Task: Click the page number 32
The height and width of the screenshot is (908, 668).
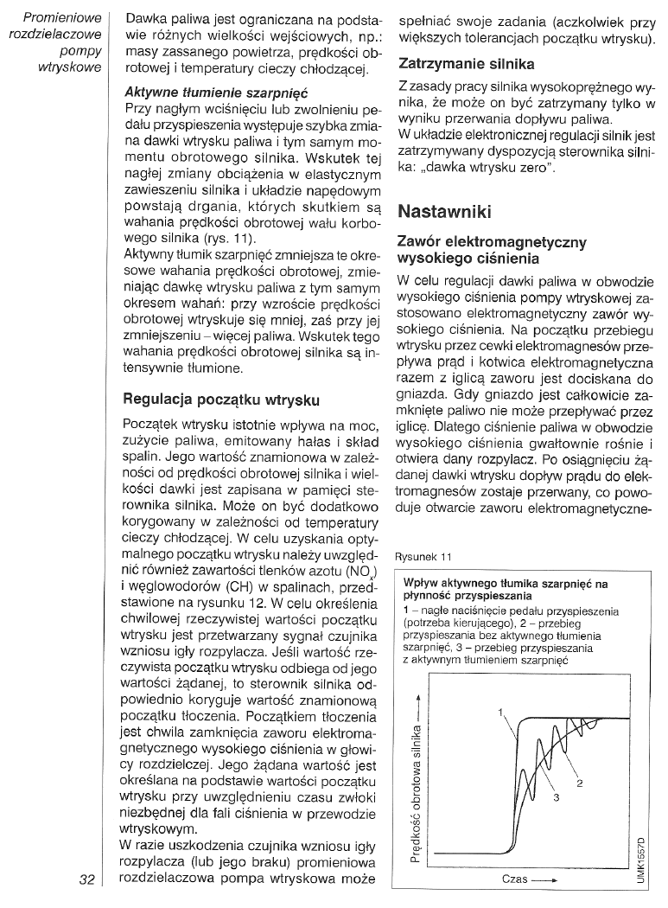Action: [86, 880]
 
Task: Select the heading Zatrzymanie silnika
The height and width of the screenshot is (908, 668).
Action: [466, 64]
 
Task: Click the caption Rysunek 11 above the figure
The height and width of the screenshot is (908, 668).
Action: [423, 557]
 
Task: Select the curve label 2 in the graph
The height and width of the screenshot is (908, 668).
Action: [579, 783]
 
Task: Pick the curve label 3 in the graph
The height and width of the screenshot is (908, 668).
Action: [556, 797]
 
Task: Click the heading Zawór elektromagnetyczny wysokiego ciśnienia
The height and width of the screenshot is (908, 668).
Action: [490, 250]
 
